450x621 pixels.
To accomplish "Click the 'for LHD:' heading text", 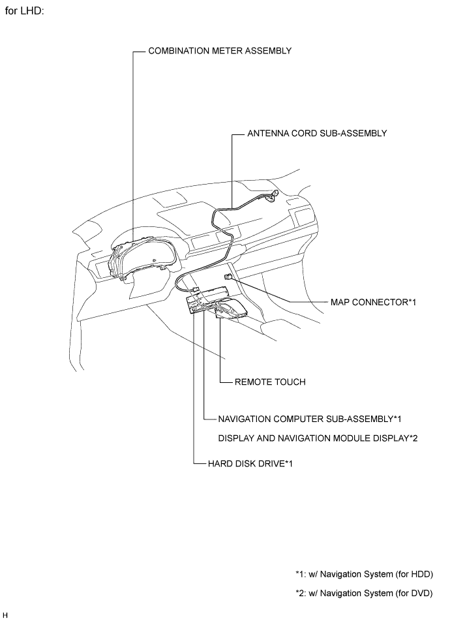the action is (24, 10).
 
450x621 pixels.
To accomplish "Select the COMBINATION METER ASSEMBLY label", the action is (220, 51).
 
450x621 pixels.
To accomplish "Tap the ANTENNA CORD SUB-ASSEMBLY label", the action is (317, 134).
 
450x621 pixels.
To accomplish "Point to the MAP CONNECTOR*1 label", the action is (373, 302).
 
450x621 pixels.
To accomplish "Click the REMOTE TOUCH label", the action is (270, 382).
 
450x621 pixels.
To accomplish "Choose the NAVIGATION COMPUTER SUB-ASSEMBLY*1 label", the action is (310, 419).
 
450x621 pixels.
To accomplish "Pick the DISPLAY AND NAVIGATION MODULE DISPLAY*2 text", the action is (318, 438).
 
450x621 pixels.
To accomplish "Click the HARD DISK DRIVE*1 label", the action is (250, 463).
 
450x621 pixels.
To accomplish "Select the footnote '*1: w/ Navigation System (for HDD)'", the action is (364, 574).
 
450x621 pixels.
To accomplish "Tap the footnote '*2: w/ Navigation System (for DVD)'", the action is (364, 594).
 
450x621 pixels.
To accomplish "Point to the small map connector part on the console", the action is (228, 277).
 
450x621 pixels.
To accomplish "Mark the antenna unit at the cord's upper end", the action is (273, 195).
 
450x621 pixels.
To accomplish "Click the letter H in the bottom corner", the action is (5, 615).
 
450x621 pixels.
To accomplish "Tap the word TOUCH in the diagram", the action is (291, 382).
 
